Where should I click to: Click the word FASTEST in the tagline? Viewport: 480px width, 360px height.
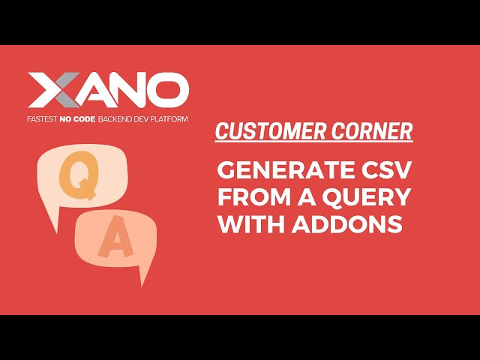(x=43, y=118)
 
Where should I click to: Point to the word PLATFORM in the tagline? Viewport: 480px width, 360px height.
(x=167, y=118)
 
